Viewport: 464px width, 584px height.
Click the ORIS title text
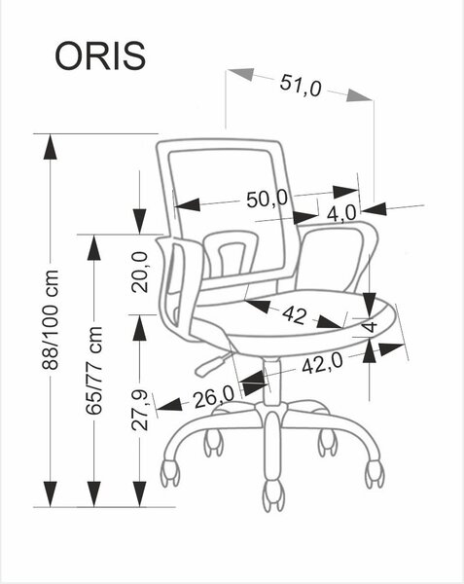(x=100, y=55)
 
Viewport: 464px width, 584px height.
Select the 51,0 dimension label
(x=301, y=86)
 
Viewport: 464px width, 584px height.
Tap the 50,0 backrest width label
(x=267, y=199)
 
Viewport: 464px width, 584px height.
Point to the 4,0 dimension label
(x=341, y=213)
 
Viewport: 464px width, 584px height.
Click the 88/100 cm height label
(x=50, y=320)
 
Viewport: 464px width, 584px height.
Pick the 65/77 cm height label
(x=93, y=371)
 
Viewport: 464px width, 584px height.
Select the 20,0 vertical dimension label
(x=140, y=272)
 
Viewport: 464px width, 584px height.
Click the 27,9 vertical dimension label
(x=140, y=411)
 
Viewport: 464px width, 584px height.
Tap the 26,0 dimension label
(x=213, y=397)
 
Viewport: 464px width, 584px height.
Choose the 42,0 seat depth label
(x=322, y=364)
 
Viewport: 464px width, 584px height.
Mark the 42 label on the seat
(x=295, y=315)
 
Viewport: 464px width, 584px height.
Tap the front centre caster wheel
(x=275, y=496)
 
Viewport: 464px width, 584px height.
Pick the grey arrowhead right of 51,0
(x=359, y=95)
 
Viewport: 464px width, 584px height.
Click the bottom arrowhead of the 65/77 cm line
(x=93, y=493)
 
